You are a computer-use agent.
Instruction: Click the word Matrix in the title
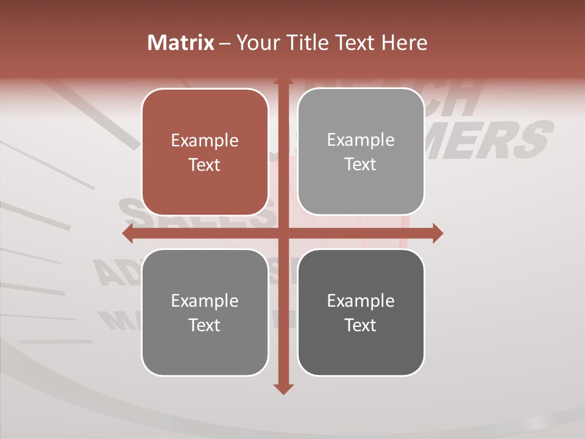[x=181, y=43]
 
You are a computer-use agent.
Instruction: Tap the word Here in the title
[x=404, y=43]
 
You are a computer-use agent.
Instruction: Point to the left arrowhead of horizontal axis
[x=127, y=233]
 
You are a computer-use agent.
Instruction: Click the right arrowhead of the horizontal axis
[x=438, y=233]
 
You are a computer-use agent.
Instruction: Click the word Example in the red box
[x=205, y=141]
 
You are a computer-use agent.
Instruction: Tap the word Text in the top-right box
[x=361, y=165]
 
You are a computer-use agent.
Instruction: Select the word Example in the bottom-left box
[x=205, y=301]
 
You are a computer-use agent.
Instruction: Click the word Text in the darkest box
[x=361, y=325]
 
